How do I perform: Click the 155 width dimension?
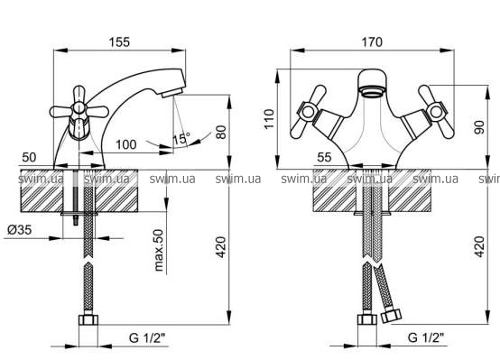point(119,42)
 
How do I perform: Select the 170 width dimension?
point(372,42)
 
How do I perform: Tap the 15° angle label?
point(181,139)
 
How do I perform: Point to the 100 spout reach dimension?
point(126,144)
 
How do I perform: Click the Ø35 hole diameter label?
point(20,229)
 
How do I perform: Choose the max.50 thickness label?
point(159,250)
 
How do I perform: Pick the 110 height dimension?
point(270,118)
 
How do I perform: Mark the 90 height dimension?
point(479,127)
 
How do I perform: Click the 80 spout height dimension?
point(221,132)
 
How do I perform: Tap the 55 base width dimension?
point(324,157)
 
